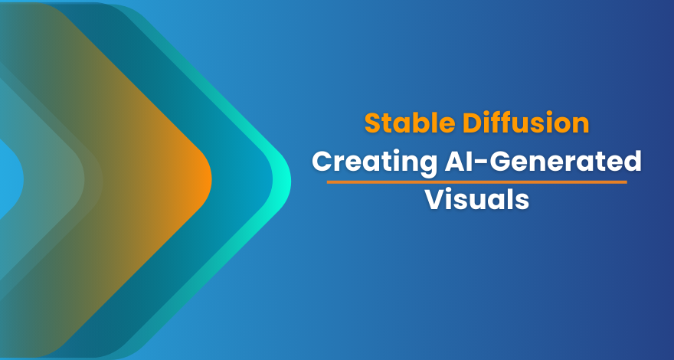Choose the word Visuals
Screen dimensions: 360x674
(477, 200)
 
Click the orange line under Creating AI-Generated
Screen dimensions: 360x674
(476, 182)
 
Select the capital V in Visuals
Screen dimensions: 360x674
(434, 200)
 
